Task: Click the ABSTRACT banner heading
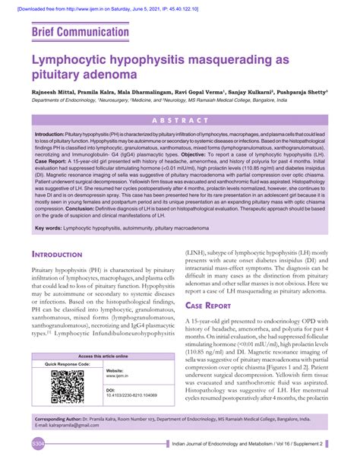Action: [x=180, y=121]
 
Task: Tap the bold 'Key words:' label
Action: [x=49, y=227]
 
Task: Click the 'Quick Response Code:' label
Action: [x=67, y=364]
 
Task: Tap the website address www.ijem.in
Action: [x=117, y=376]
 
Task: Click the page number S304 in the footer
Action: [x=38, y=443]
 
